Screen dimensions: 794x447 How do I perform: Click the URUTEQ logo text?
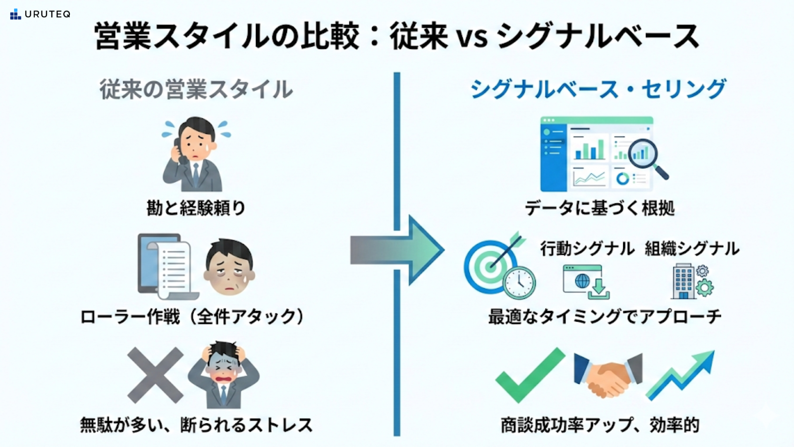47,14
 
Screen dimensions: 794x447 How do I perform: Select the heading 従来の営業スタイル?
196,89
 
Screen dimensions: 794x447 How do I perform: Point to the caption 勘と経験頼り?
196,208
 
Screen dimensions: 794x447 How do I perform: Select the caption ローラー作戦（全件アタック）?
192,317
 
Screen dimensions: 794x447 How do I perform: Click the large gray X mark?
155,375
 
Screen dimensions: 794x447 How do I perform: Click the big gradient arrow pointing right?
397,250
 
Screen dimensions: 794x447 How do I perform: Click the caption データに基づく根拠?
600,208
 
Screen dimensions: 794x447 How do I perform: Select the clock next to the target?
519,283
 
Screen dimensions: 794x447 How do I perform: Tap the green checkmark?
530,375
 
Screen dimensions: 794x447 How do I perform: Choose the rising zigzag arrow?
680,375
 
